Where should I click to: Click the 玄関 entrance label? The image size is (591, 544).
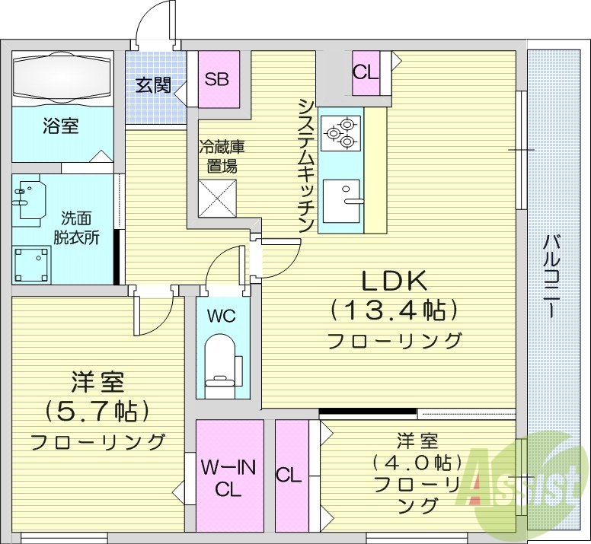(152, 85)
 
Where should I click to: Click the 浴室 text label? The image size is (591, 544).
(60, 126)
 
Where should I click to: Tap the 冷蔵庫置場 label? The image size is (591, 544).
(222, 156)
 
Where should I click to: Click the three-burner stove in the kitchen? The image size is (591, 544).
(340, 131)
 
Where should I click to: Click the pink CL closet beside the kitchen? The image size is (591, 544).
(365, 72)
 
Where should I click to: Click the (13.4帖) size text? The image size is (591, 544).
(394, 310)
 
